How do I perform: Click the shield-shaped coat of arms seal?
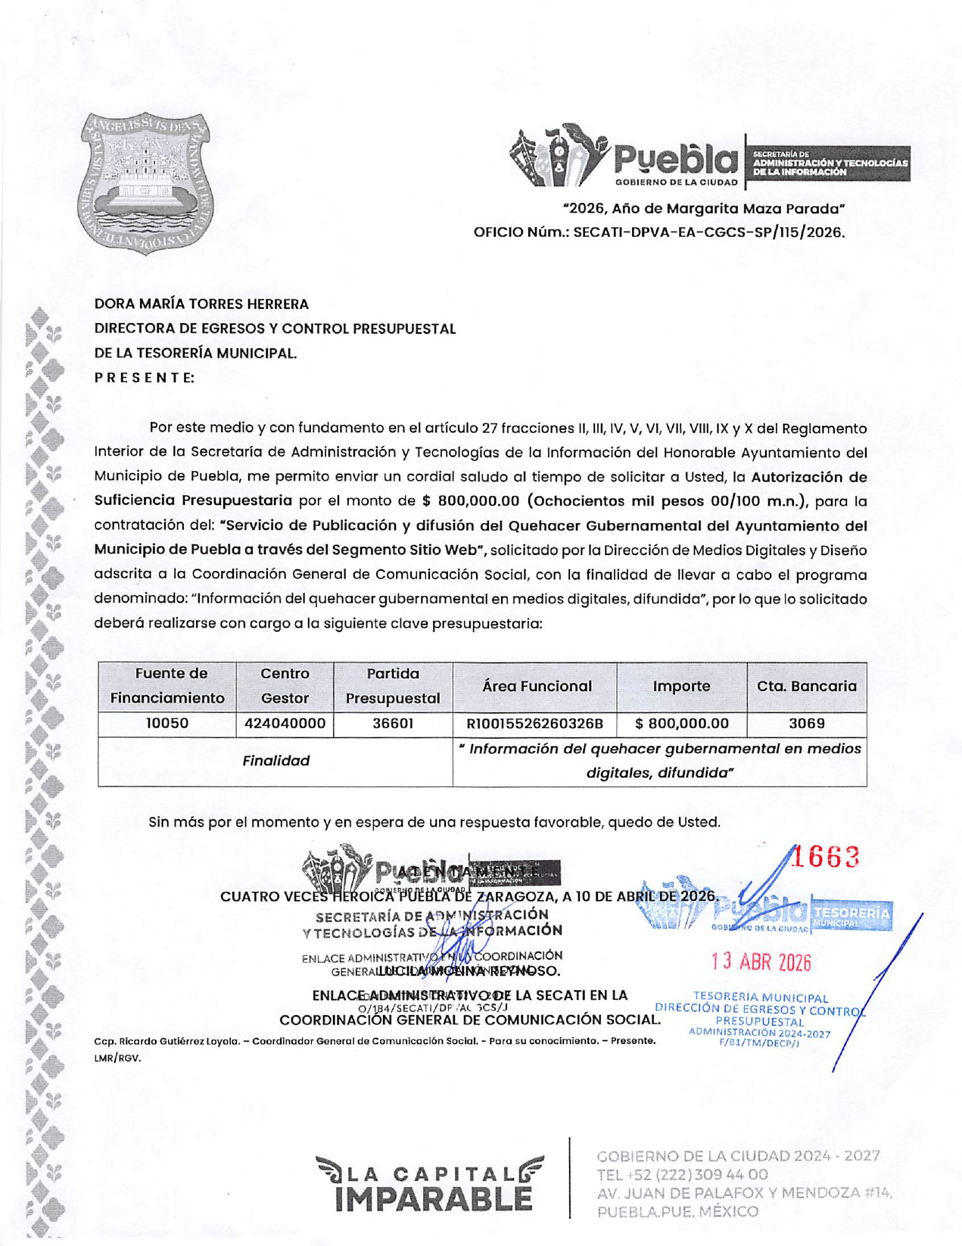(146, 184)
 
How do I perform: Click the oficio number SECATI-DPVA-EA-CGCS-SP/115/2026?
(708, 232)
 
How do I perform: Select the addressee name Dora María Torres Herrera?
(201, 304)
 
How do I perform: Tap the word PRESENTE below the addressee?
(144, 377)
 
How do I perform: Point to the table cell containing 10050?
(167, 724)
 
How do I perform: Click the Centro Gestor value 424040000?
(285, 724)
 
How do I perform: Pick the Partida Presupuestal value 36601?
(392, 724)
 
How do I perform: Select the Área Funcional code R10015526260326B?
(534, 724)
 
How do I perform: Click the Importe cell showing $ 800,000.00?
(681, 724)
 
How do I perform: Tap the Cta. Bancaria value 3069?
(806, 724)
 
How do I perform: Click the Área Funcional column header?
(537, 686)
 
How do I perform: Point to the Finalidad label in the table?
(276, 761)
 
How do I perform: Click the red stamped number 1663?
(830, 858)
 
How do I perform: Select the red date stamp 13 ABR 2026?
(761, 962)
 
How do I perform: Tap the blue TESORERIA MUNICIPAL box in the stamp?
(851, 916)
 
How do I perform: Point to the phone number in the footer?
(683, 1175)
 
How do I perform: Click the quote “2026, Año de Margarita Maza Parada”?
(704, 208)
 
